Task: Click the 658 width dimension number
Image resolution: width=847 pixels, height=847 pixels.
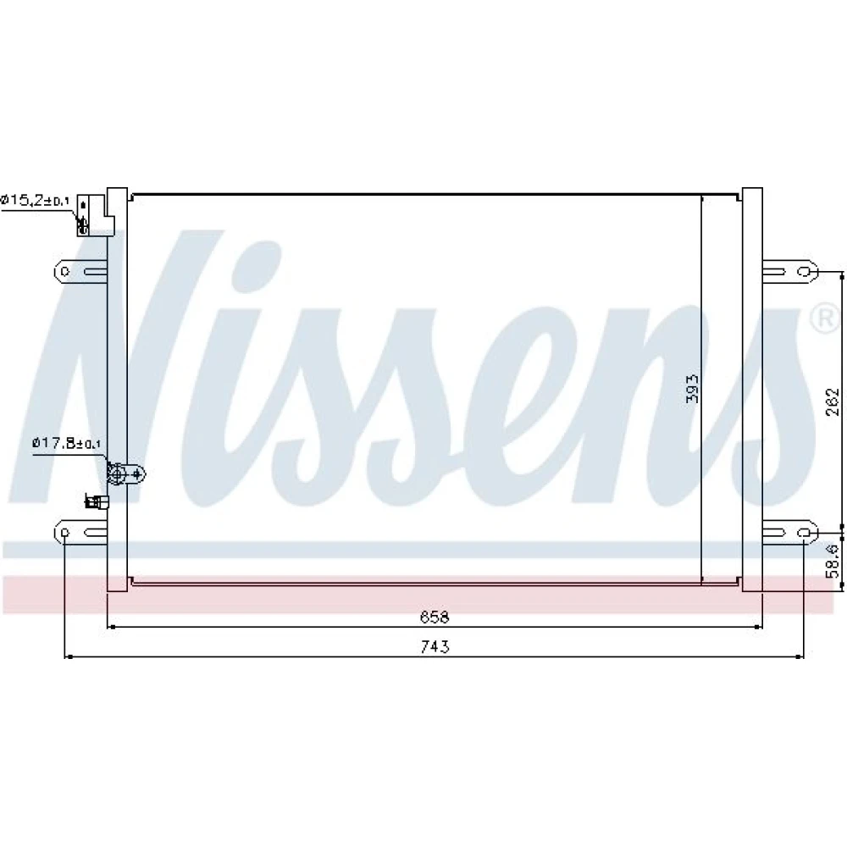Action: [x=435, y=617]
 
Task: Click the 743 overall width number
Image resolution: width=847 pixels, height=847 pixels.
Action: [x=435, y=646]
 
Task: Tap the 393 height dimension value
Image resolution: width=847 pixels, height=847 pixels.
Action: [x=692, y=389]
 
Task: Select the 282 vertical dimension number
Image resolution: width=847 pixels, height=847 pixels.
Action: [x=833, y=401]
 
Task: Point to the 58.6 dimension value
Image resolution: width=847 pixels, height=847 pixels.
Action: [x=833, y=560]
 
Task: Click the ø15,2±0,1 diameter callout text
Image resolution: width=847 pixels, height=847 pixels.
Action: [x=35, y=201]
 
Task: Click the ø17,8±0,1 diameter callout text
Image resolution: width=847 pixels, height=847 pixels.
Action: [x=66, y=444]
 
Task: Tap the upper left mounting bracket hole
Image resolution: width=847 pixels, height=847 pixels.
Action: [x=65, y=271]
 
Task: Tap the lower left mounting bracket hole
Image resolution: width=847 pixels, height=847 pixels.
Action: [x=65, y=533]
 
